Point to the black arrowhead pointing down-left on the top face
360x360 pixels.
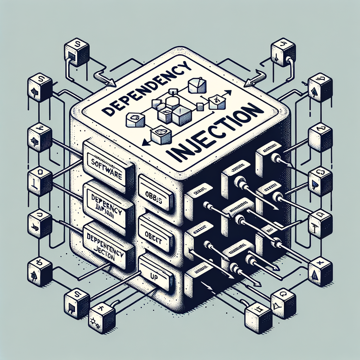(144, 143)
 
